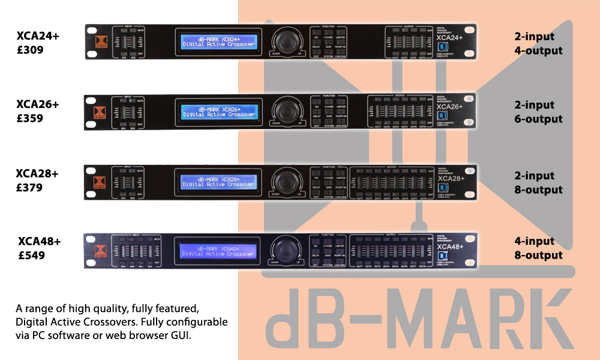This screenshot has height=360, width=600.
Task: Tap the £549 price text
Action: [31, 256]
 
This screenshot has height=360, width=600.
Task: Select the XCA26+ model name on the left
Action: [38, 105]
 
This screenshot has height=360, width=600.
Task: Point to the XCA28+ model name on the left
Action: [37, 174]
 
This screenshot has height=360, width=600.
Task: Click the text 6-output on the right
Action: [538, 119]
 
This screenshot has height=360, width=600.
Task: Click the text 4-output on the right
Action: [538, 50]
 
